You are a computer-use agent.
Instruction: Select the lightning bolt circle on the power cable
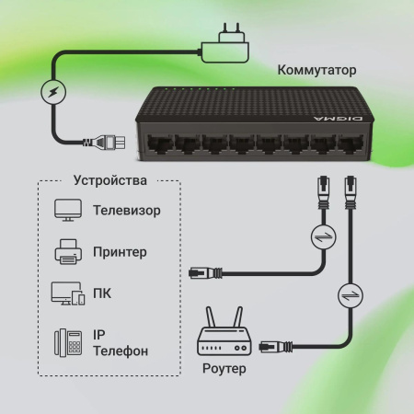[x=53, y=93]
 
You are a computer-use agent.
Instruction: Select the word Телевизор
[x=126, y=211]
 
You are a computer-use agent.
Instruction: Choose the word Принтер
[x=120, y=251]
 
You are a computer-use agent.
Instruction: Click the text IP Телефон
[x=120, y=342]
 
